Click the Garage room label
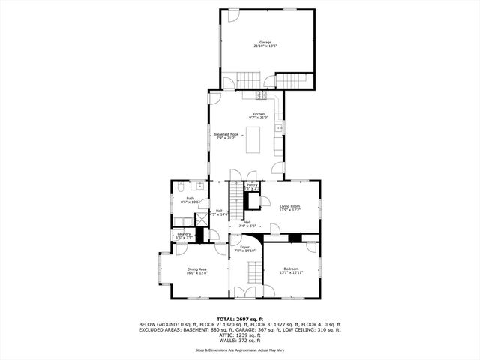pos(265,42)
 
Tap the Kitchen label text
pos(258,114)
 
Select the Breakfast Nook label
pos(225,134)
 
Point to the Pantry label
pos(252,184)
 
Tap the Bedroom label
pos(291,268)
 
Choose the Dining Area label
pos(196,268)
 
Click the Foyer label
pos(244,247)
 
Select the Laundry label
pos(184,234)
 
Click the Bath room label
pos(190,199)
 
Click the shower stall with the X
pos(201,217)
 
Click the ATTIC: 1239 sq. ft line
pos(240,335)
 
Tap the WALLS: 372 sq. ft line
pos(240,340)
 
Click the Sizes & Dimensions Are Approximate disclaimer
pos(240,350)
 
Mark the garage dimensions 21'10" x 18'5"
pos(265,46)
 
